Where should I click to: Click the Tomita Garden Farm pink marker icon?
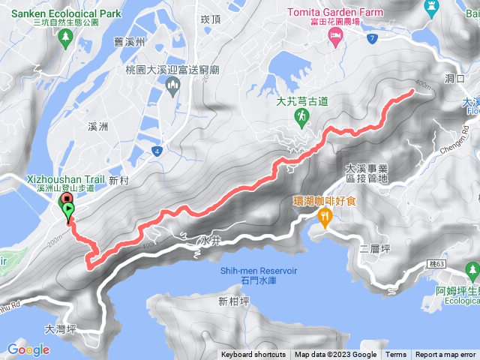pyautogui.click(x=334, y=40)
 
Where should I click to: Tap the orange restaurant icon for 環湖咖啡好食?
pyautogui.click(x=325, y=218)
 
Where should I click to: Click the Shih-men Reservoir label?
pyautogui.click(x=259, y=274)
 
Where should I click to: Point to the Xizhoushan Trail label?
pyautogui.click(x=65, y=180)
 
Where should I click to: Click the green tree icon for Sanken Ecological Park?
pyautogui.click(x=67, y=36)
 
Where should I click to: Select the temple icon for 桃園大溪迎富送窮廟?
pyautogui.click(x=172, y=90)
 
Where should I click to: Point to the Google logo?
pyautogui.click(x=28, y=349)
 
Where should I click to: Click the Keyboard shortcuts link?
pyautogui.click(x=253, y=355)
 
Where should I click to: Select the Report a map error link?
pyautogui.click(x=445, y=355)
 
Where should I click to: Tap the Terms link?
pyautogui.click(x=396, y=355)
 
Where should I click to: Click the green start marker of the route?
pyautogui.click(x=69, y=210)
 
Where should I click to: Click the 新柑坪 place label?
pyautogui.click(x=233, y=301)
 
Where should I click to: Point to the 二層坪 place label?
pyautogui.click(x=374, y=247)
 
